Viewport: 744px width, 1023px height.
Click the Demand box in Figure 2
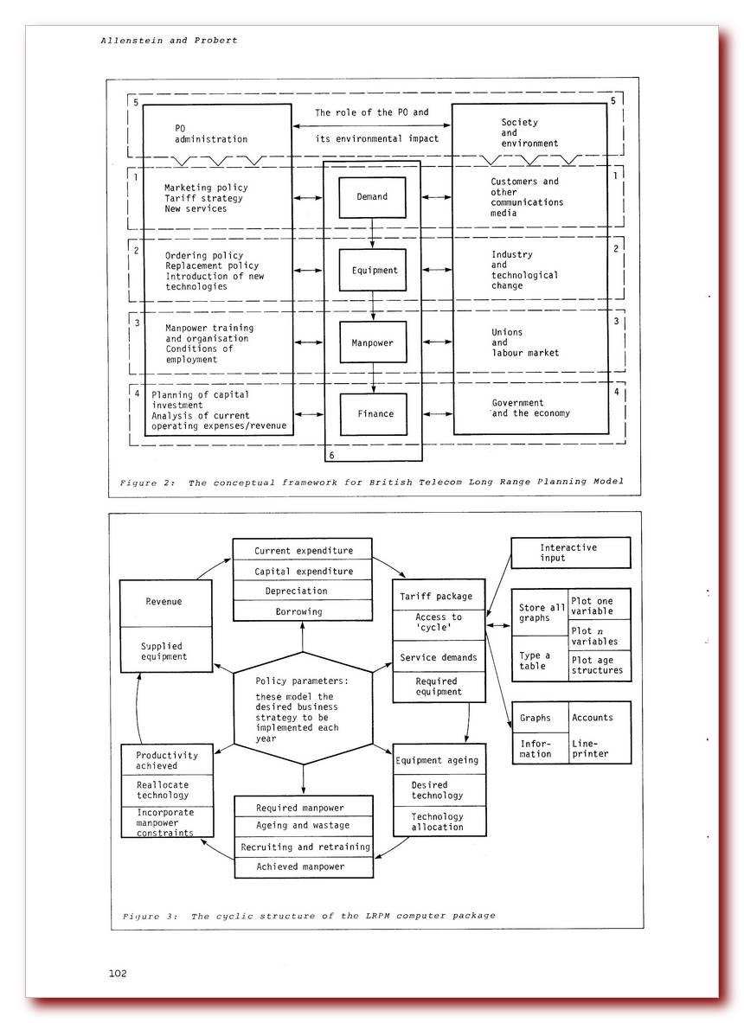(372, 196)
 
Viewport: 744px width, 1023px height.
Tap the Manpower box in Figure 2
(372, 342)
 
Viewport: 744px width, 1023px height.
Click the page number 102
(118, 973)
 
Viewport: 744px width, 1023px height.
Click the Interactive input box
(569, 553)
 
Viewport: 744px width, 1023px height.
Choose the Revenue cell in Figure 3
(164, 602)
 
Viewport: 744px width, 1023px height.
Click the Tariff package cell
(435, 597)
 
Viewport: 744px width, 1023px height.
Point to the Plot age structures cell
(598, 665)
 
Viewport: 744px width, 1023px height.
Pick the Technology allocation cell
(436, 822)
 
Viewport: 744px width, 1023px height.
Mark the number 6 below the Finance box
(330, 453)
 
